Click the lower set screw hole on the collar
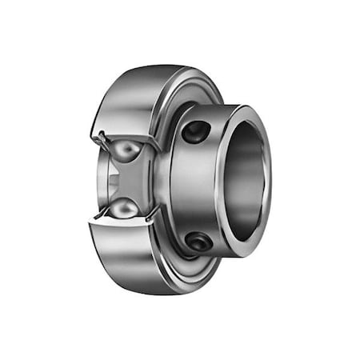point(198,240)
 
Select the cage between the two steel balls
point(124,181)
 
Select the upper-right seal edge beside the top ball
point(154,148)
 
